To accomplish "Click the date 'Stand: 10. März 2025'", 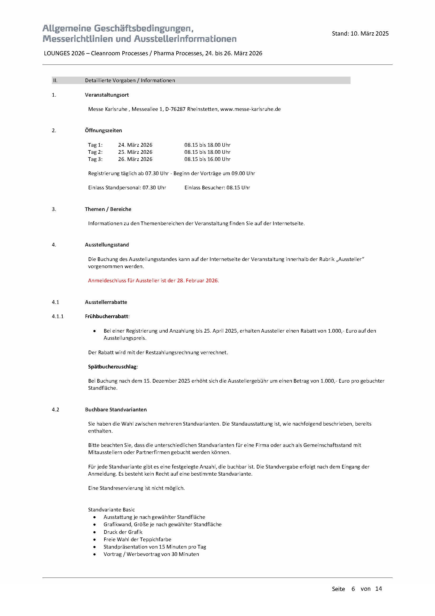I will (360, 33).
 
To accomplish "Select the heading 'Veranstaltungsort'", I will (107, 95).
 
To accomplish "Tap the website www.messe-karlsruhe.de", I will (250, 109).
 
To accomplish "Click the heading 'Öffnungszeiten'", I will (103, 131).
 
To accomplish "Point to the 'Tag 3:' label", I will (95, 159).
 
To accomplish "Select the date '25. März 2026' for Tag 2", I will (135, 152).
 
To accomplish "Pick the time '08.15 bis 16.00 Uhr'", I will (207, 159).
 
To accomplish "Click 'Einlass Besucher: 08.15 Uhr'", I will (217, 188).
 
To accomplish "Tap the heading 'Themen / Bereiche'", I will (108, 209).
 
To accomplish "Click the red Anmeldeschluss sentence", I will (153, 281).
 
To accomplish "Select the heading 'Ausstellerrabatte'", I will (106, 302).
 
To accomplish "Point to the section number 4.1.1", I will (58, 317).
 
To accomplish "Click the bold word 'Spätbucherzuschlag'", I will (112, 367).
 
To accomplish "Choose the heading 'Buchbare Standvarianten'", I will (116, 410).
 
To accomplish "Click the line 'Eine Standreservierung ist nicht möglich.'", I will (136, 488).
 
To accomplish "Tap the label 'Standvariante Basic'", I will (111, 510).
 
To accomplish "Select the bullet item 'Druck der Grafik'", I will (123, 532).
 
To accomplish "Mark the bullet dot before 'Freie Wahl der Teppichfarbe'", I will (95, 540).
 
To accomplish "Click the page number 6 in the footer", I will (353, 589).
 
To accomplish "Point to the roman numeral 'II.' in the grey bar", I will (55, 81).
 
